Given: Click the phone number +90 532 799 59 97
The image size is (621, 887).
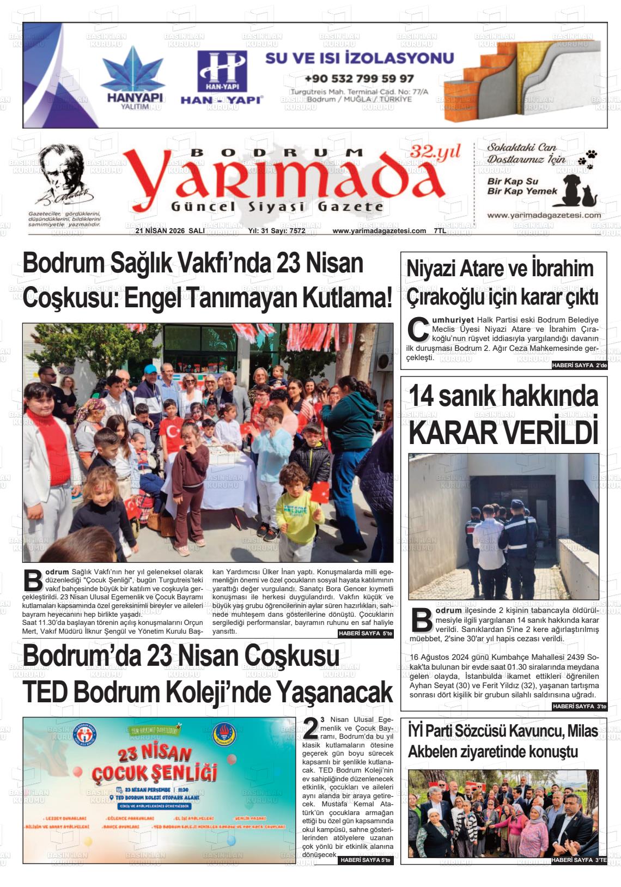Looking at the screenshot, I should click(x=359, y=78).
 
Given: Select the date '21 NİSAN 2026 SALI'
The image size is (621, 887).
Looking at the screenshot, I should click(x=170, y=231).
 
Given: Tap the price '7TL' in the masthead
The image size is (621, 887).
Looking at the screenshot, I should click(x=440, y=231).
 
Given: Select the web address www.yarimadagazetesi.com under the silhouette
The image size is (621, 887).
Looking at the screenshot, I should click(x=544, y=215).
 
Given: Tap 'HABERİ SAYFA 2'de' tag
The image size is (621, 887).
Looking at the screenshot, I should click(x=579, y=366).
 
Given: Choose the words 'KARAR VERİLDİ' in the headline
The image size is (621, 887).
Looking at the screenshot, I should click(x=503, y=433).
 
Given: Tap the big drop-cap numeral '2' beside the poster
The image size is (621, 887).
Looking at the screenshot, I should click(x=310, y=729).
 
